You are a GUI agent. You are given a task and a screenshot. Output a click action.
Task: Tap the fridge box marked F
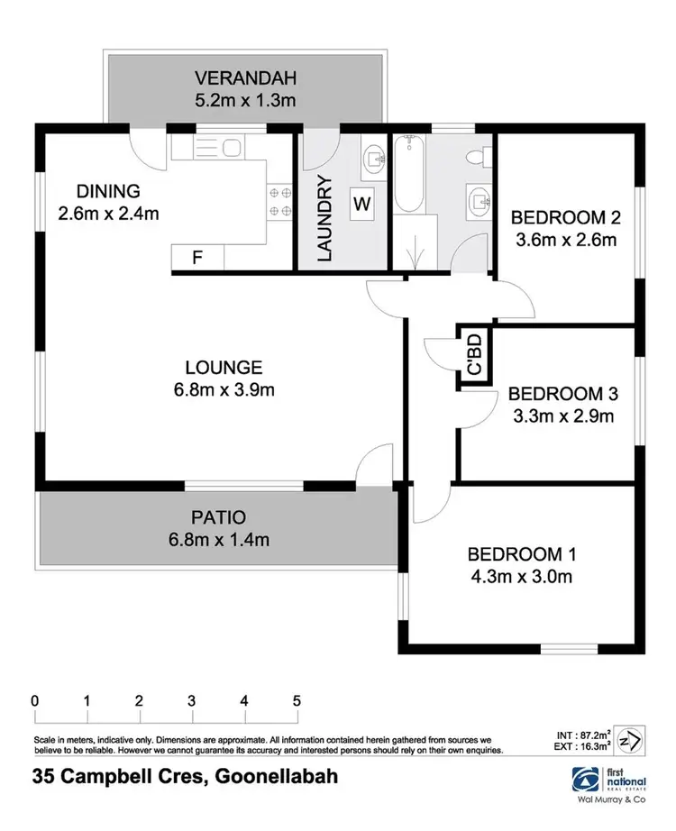197,258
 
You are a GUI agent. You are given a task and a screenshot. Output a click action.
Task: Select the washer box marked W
361,204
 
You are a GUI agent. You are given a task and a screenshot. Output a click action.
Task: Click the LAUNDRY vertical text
325,218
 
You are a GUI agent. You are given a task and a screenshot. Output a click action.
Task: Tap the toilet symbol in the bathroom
476,158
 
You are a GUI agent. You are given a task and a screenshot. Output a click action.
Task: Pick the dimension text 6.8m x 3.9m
224,389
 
